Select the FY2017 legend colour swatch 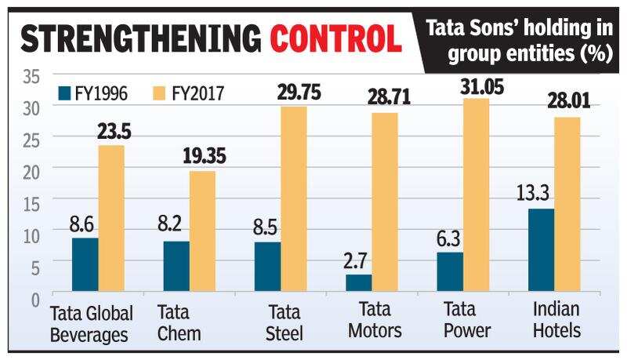[x=156, y=94]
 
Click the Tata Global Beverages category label [x=91, y=322]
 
